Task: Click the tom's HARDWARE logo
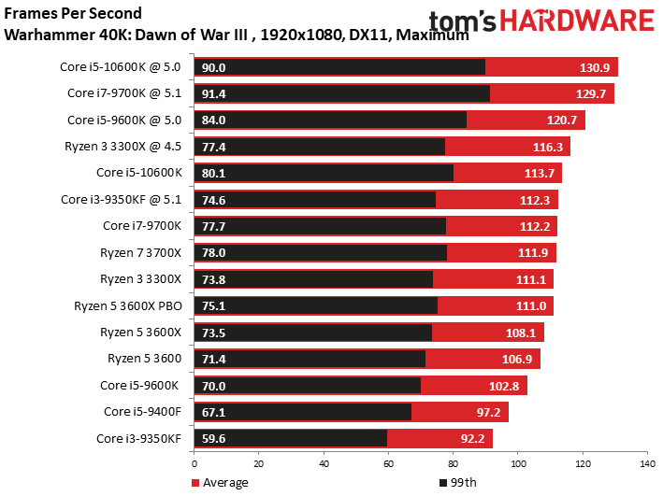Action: coord(541,21)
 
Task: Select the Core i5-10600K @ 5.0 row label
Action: coord(127,66)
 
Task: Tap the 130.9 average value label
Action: coord(595,67)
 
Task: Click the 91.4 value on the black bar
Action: coord(214,93)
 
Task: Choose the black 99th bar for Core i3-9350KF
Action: coord(290,438)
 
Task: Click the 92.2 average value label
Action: coord(470,438)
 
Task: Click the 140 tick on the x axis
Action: coord(645,462)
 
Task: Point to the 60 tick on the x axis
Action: coord(388,462)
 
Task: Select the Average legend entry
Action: coord(221,482)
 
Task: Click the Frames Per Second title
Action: coord(74,14)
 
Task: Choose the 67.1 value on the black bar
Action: coord(214,412)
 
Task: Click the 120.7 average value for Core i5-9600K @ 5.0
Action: coord(562,120)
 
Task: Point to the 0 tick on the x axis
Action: coord(195,462)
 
